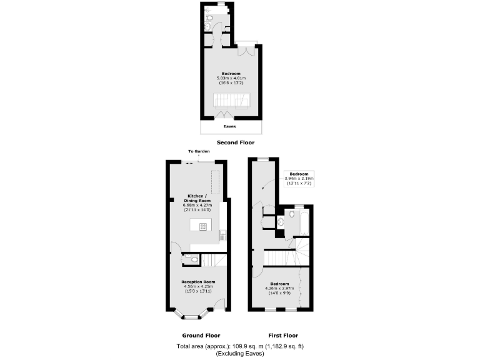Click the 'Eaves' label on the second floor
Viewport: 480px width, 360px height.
click(x=230, y=126)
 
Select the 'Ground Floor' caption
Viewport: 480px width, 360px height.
click(x=201, y=335)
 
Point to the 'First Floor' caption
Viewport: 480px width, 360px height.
click(x=281, y=335)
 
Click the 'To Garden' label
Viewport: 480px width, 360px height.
click(x=199, y=151)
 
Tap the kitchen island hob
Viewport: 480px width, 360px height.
click(x=203, y=226)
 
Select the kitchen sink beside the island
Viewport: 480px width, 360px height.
click(x=222, y=236)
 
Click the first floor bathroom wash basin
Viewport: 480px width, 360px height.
click(x=281, y=221)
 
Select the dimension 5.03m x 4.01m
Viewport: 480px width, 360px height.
click(x=230, y=77)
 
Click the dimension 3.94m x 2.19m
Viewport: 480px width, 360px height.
click(x=299, y=178)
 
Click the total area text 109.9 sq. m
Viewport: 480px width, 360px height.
click(x=241, y=346)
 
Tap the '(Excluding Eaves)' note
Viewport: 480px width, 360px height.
click(x=241, y=354)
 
